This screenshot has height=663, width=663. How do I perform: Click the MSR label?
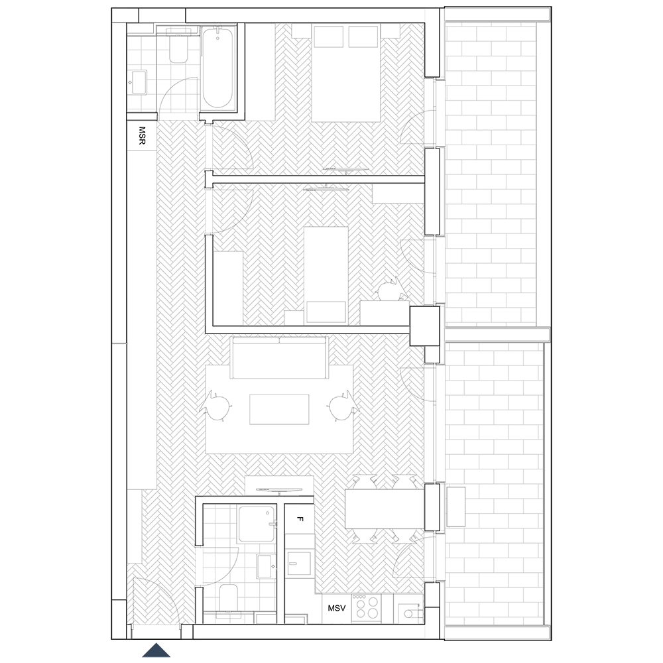coord(142,135)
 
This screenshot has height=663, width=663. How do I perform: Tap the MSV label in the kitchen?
coord(337,608)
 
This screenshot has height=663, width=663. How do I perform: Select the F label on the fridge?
coord(300,519)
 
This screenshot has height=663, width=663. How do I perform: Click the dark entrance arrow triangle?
coord(156,650)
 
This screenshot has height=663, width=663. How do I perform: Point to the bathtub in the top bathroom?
coord(217,67)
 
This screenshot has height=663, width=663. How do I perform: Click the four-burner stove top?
coord(366,607)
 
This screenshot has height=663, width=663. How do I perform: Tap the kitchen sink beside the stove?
coord(408,609)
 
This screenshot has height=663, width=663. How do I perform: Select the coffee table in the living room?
coord(279,409)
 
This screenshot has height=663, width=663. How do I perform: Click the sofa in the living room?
coord(279,358)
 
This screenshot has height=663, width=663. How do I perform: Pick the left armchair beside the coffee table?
coord(217,406)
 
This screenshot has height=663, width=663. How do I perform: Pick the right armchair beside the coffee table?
coord(343,406)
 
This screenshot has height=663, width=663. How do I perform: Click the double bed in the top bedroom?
coord(346,73)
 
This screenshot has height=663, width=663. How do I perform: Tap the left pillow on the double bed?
coord(329,36)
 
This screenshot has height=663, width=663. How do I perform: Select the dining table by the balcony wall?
coord(385,509)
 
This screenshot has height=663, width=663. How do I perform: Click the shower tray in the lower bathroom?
coord(256,524)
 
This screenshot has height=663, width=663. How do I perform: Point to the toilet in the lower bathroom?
coord(229,599)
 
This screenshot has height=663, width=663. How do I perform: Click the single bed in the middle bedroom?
coord(326,276)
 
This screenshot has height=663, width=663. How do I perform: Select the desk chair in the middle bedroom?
coord(391,290)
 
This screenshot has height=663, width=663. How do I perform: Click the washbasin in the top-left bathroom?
coord(139,82)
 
